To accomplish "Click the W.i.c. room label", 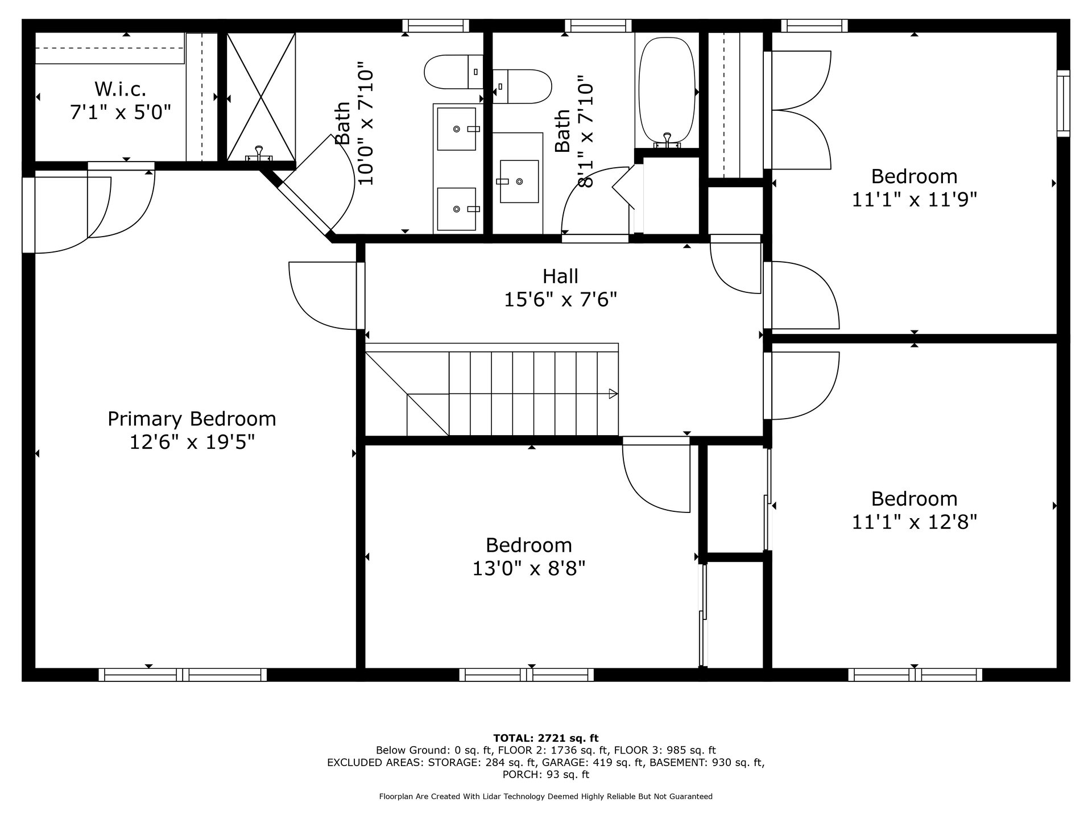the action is (120, 89).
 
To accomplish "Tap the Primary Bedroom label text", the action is (192, 419).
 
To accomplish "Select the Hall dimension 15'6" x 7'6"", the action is (560, 299).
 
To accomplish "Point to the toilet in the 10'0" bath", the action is (453, 72).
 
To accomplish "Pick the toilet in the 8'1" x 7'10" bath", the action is (522, 86).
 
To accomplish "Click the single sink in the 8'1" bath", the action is (519, 181).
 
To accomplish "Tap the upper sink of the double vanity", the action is (456, 129).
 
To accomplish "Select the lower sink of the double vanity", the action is (456, 209).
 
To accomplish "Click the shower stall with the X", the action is (261, 97).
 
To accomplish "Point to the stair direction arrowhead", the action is (613, 394).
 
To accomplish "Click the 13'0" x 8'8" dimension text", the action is (529, 568).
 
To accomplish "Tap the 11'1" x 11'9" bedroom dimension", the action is (914, 200).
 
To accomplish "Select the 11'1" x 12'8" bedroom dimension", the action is (914, 522).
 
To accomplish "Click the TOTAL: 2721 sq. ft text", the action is (546, 738).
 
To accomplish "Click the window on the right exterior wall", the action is (1063, 104).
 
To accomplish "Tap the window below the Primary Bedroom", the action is (183, 675).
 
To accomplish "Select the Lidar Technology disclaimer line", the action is (546, 797).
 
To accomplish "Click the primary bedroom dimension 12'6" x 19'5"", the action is (192, 442).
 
